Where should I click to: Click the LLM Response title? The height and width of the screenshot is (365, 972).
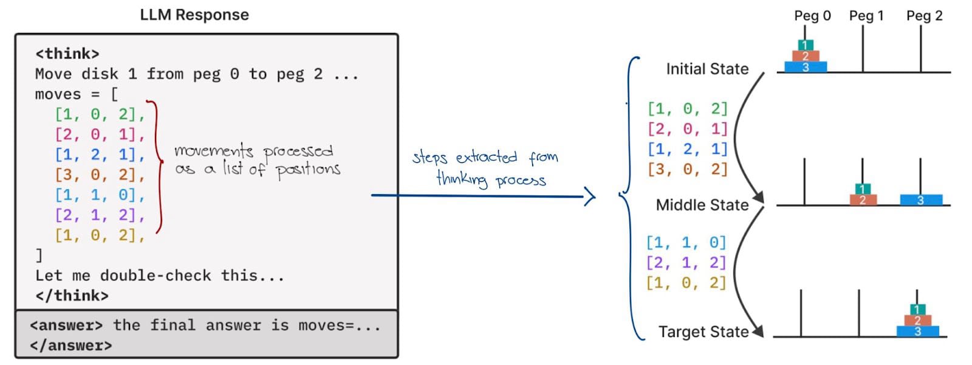[x=194, y=15]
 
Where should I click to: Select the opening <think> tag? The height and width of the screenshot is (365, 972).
[x=67, y=54]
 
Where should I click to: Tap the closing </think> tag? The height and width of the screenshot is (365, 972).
[x=72, y=296]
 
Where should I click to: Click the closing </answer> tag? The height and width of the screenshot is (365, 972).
[x=70, y=346]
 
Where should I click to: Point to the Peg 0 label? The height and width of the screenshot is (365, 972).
[x=812, y=16]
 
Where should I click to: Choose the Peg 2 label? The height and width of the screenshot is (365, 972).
[x=924, y=16]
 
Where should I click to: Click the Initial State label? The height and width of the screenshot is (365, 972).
[x=707, y=69]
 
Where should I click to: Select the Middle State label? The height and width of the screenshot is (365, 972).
[x=702, y=205]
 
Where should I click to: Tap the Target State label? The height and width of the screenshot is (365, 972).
[x=703, y=332]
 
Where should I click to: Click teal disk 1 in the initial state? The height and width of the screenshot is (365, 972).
[x=805, y=45]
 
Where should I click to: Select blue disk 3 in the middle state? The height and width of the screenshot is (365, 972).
[x=920, y=200]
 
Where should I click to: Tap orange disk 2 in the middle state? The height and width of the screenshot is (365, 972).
[x=862, y=200]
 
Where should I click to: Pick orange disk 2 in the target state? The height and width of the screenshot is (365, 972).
[x=917, y=320]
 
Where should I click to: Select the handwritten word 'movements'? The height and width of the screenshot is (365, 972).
[x=213, y=150]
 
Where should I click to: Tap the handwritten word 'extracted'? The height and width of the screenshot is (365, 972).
[x=486, y=157]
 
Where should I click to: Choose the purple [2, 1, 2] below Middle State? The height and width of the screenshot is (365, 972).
[x=686, y=263]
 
